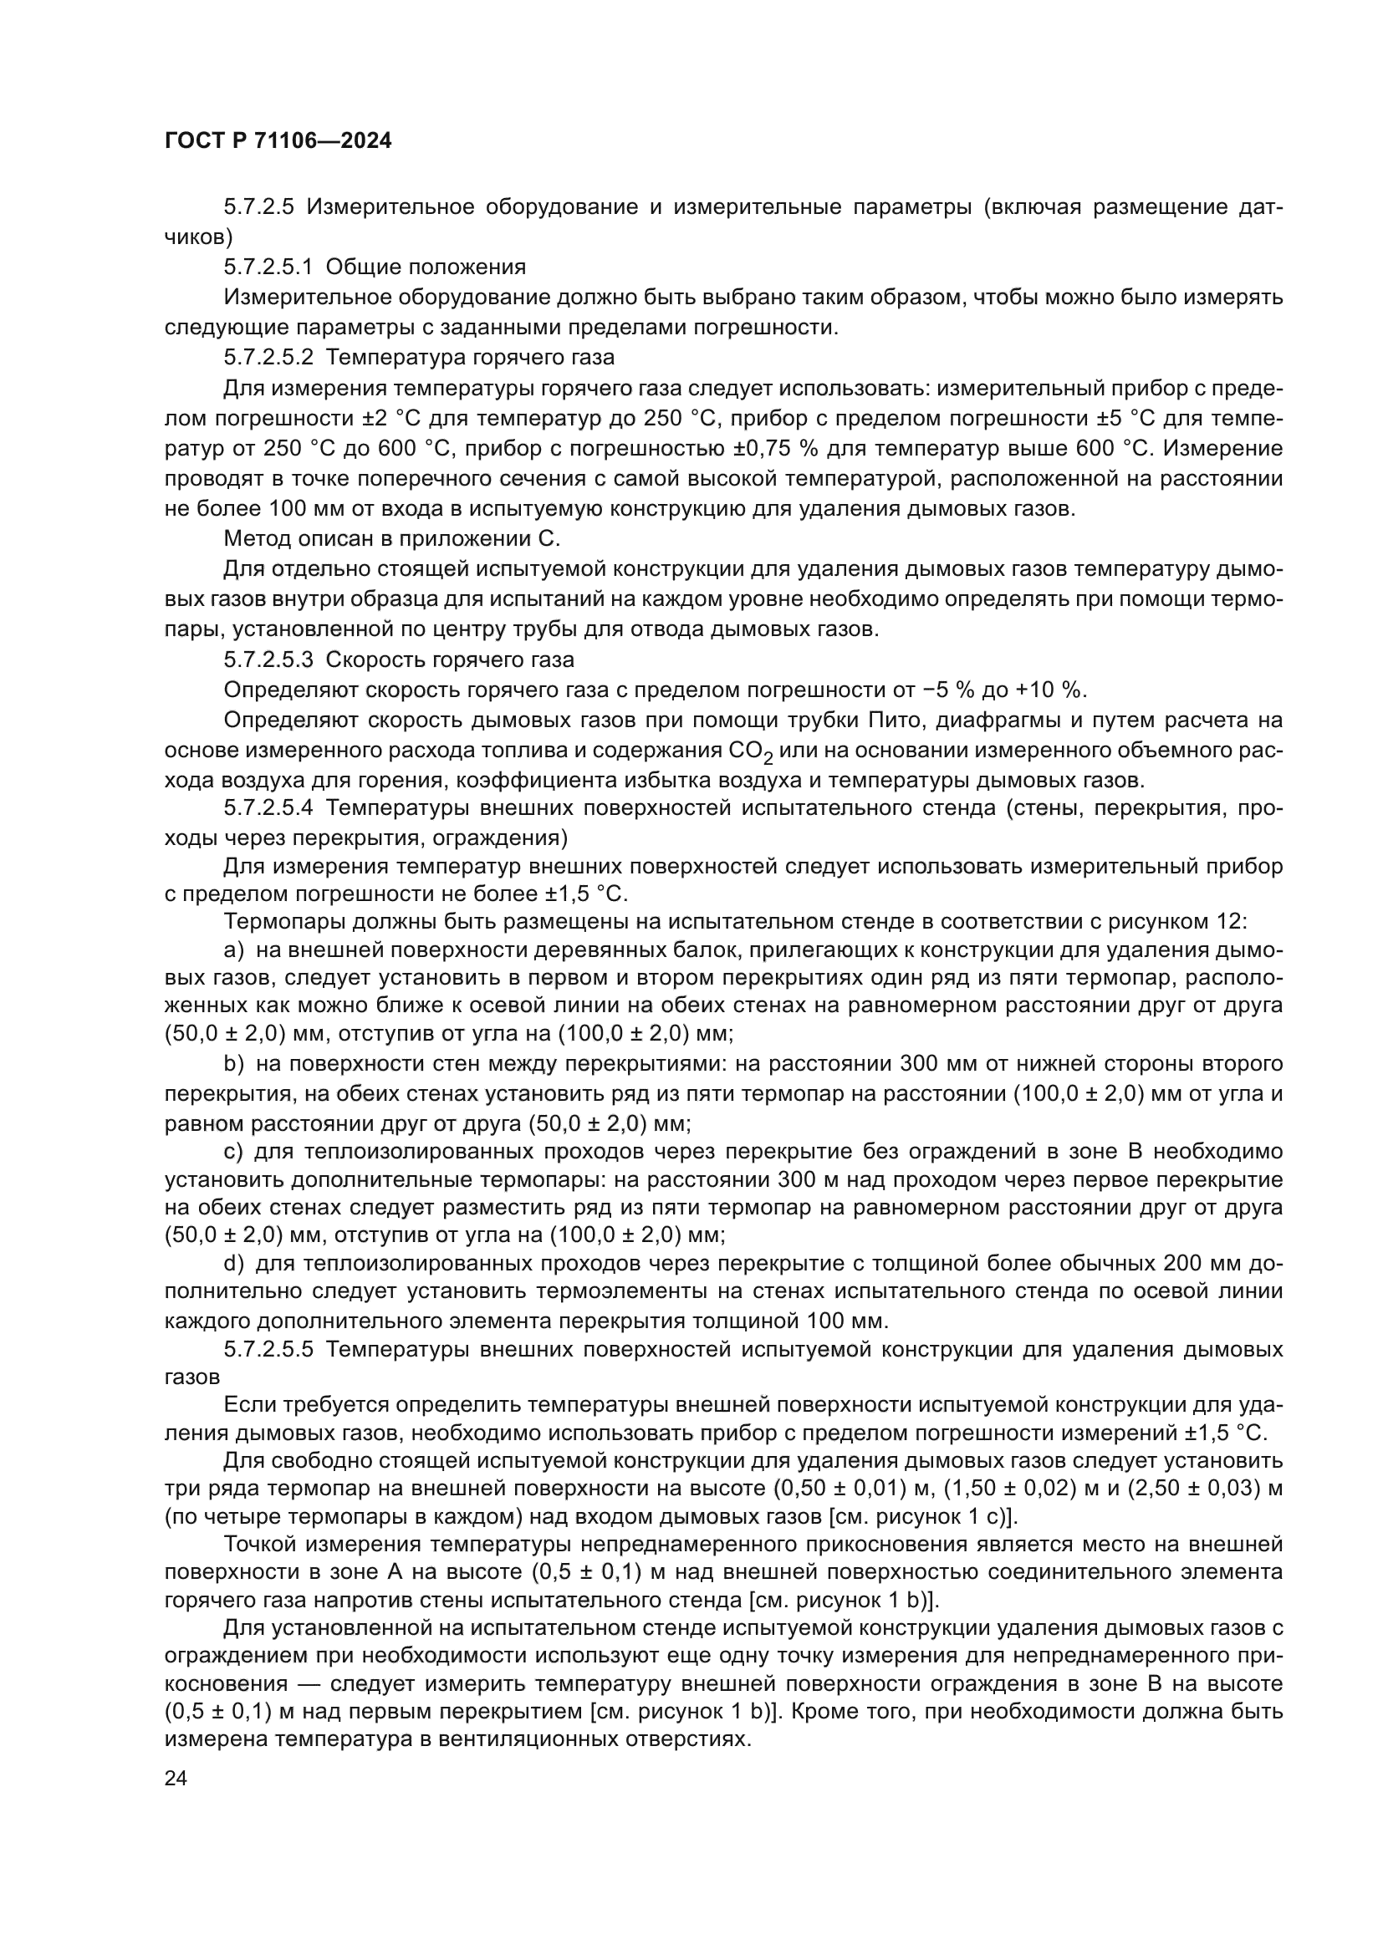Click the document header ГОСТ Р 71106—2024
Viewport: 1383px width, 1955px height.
coord(278,141)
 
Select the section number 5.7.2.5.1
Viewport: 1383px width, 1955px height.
coord(268,267)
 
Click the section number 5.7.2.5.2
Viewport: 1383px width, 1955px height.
coord(268,357)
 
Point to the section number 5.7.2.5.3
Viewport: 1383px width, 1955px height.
coord(268,660)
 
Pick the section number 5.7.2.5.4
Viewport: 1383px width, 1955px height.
coord(268,807)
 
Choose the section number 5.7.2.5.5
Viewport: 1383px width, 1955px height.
coord(268,1350)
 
